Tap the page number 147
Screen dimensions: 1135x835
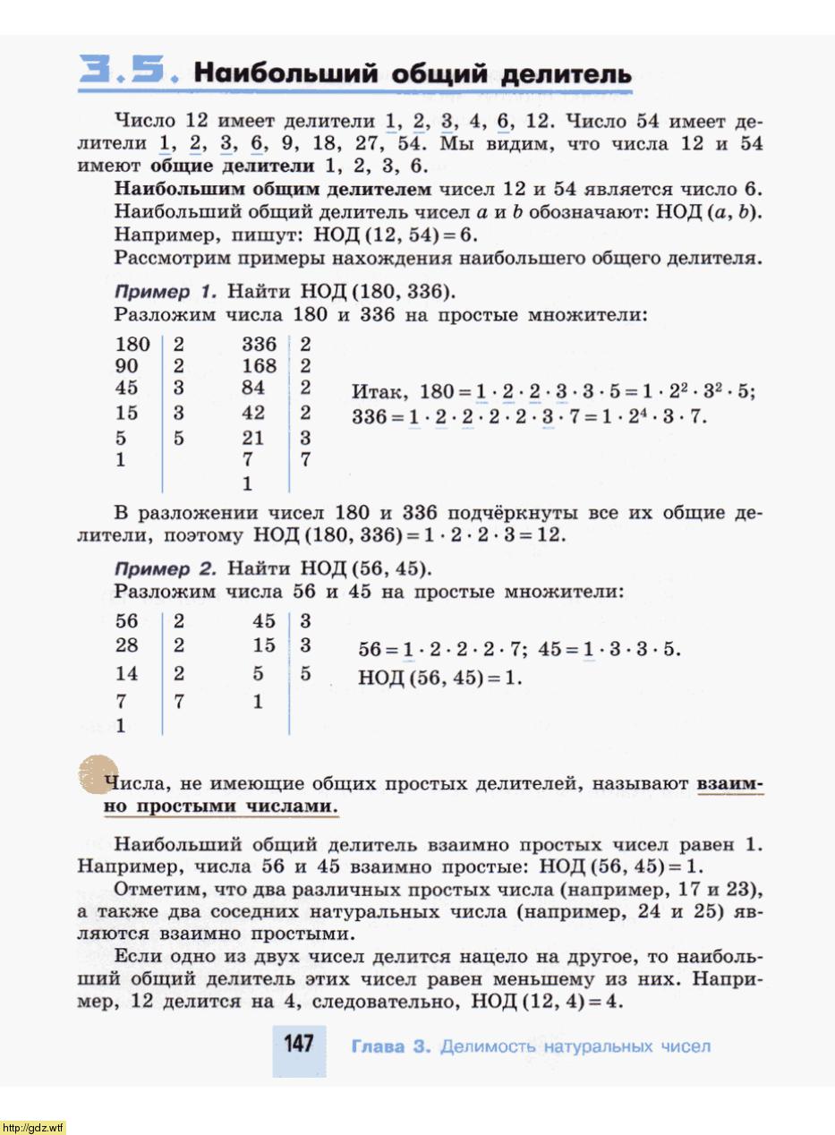299,1044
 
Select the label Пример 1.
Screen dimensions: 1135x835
166,293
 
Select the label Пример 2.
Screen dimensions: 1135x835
166,569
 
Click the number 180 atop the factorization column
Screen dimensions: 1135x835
133,344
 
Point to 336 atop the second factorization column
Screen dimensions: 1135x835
260,344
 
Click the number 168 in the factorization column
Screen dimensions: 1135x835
260,366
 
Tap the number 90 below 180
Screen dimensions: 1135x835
129,366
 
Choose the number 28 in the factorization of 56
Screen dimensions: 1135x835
129,644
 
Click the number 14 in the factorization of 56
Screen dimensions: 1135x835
129,674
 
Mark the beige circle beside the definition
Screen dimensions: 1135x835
96,774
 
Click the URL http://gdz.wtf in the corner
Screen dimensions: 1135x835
34,1127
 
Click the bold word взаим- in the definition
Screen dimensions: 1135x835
729,784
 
